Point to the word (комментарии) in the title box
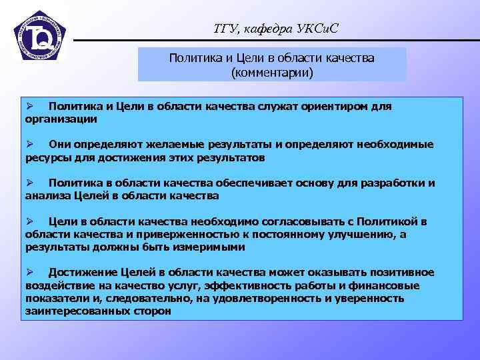(x=271, y=71)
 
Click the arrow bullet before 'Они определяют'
(x=29, y=144)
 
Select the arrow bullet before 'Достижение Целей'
(x=29, y=272)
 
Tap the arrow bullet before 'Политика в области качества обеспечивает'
(x=29, y=183)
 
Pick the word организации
(x=61, y=119)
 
